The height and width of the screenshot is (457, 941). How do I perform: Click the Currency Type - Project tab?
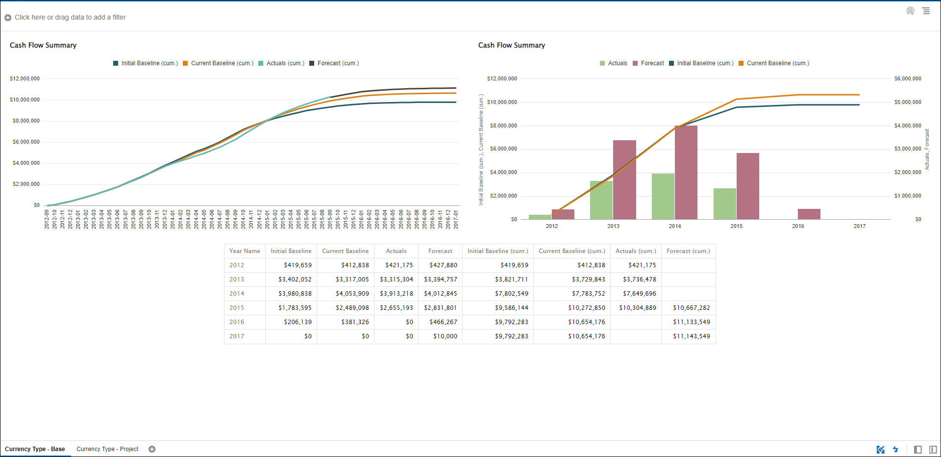(107, 449)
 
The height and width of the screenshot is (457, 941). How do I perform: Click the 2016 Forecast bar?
(809, 214)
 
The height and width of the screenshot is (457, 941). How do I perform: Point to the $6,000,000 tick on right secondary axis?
(908, 78)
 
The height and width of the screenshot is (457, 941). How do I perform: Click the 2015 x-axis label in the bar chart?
(736, 226)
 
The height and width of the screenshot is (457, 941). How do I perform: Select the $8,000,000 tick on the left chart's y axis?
(25, 121)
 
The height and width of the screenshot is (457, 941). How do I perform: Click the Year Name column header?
(245, 251)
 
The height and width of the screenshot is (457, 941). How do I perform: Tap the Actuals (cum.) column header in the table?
(636, 251)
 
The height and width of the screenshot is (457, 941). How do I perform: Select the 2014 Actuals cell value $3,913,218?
(396, 294)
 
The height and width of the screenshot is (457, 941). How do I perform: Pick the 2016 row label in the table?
(237, 322)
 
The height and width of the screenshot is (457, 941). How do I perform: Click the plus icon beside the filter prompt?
(8, 18)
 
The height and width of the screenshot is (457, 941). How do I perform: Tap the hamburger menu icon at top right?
(926, 11)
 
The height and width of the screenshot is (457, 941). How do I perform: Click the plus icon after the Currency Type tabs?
(152, 449)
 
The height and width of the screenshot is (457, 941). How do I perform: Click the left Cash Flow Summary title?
(43, 45)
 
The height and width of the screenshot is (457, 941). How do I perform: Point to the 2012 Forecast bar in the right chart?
(563, 214)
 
